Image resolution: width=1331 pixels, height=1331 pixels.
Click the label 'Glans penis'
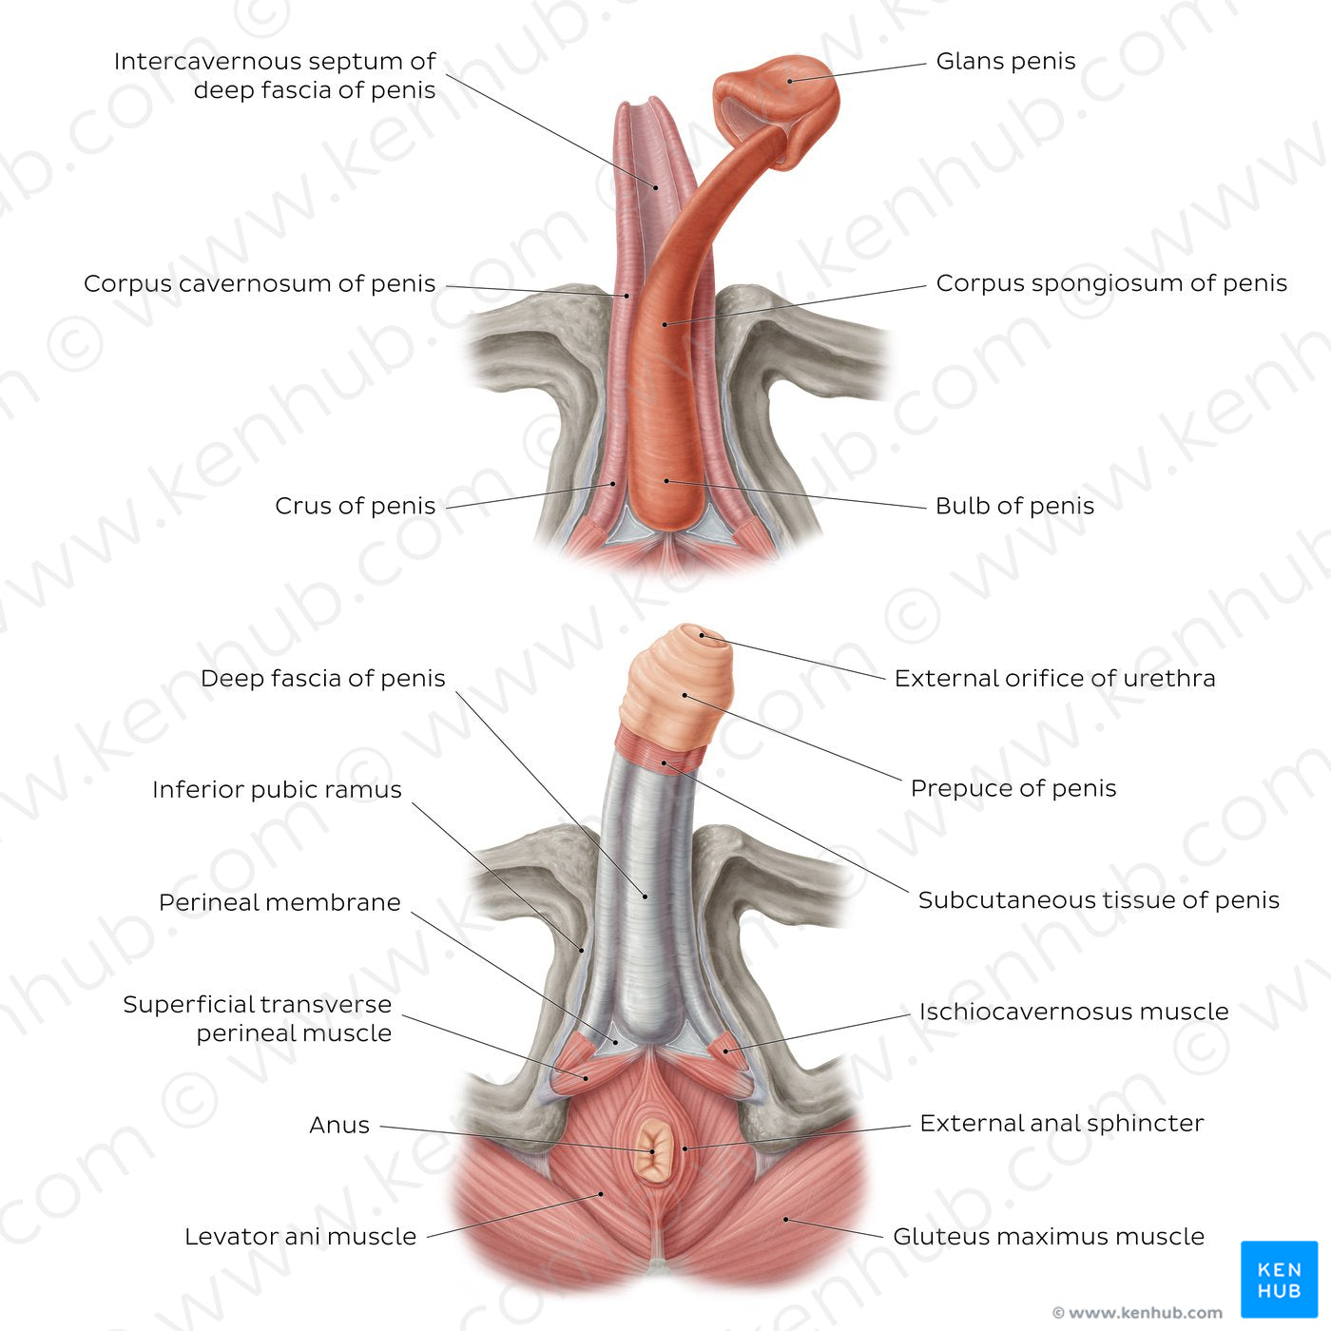[x=1005, y=62]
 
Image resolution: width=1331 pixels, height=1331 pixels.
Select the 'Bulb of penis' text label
[x=1014, y=506]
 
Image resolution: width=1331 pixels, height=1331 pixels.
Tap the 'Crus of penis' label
[x=355, y=506]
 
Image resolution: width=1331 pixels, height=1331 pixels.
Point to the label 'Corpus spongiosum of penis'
[x=1110, y=283]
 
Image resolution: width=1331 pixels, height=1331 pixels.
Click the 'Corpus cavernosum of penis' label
[x=259, y=283]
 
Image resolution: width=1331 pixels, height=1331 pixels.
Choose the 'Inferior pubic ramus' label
[x=277, y=790]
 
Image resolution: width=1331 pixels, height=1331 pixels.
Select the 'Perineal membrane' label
[x=280, y=902]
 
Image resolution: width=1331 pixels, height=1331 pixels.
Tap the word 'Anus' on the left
[x=339, y=1126]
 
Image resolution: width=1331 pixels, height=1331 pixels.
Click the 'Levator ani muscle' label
[x=300, y=1237]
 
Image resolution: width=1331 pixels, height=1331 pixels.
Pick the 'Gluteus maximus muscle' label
[x=1048, y=1237]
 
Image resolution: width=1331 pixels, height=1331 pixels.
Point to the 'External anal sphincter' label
[x=1061, y=1124]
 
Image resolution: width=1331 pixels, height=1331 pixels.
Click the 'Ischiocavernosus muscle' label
[x=1073, y=1012]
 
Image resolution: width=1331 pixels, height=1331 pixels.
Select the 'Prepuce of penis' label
[x=1013, y=789]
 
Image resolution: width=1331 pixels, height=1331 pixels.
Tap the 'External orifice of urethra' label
[x=1054, y=679]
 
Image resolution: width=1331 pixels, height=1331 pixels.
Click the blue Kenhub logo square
[x=1279, y=1279]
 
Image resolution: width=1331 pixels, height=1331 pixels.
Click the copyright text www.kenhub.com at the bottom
[x=1137, y=1313]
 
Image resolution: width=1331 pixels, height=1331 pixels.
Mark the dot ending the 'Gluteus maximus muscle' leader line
[x=785, y=1219]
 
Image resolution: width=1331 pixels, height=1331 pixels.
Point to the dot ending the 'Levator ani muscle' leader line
[x=601, y=1194]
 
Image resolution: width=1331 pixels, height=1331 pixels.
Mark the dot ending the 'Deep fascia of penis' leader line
[x=646, y=896]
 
